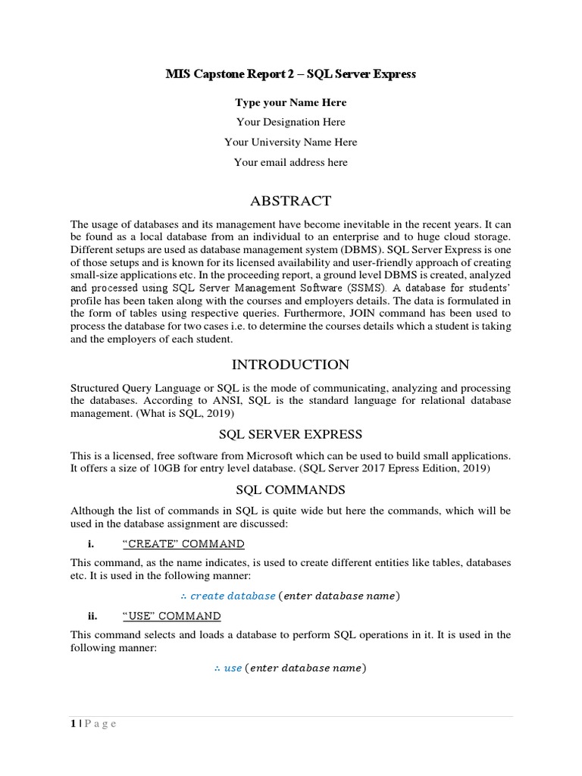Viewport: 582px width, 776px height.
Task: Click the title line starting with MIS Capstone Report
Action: (x=291, y=74)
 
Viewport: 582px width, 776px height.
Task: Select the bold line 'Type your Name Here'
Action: (x=291, y=102)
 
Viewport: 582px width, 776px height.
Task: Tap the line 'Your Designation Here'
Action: (x=291, y=122)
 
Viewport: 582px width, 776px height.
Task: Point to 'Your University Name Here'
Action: (x=291, y=142)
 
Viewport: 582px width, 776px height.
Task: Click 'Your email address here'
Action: (x=291, y=161)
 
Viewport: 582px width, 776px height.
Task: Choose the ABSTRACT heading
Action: (x=291, y=201)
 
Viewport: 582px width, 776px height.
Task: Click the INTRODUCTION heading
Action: (x=291, y=365)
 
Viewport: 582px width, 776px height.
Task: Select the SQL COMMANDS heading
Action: (x=291, y=489)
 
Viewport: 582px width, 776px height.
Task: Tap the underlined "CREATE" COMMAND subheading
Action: (x=183, y=544)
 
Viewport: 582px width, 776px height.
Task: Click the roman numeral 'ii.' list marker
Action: (x=95, y=616)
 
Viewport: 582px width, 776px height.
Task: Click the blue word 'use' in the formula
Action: (x=233, y=668)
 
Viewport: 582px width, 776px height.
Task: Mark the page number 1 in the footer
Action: (x=73, y=724)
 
